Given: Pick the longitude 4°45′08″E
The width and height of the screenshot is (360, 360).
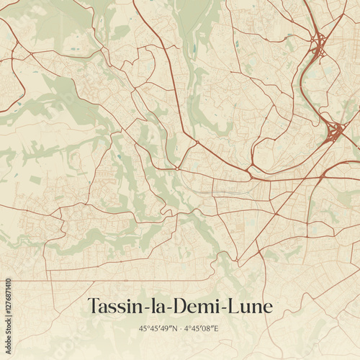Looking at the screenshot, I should pyautogui.click(x=202, y=328).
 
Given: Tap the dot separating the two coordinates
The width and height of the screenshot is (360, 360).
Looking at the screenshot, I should pyautogui.click(x=181, y=328).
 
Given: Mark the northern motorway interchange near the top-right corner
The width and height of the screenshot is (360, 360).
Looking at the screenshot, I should pyautogui.click(x=318, y=48).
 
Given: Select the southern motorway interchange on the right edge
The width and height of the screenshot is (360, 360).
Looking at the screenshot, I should pyautogui.click(x=334, y=132).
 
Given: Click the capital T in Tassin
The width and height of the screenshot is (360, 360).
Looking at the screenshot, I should pyautogui.click(x=93, y=307).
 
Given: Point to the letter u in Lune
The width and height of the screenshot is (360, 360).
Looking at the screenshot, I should pyautogui.click(x=245, y=308).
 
